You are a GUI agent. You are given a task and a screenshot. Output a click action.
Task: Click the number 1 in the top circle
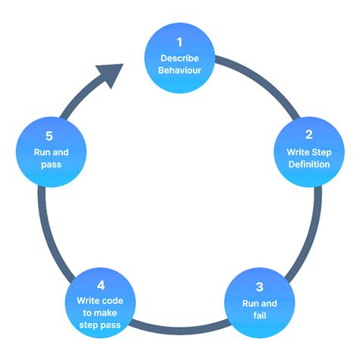179,43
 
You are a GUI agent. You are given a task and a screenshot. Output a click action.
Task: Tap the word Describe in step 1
179,59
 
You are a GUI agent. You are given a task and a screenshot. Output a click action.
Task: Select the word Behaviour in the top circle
179,71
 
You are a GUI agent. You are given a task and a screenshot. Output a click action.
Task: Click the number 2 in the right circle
308,135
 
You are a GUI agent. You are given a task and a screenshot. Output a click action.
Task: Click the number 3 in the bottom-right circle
259,287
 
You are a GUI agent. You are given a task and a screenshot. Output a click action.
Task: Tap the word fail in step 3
259,315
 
